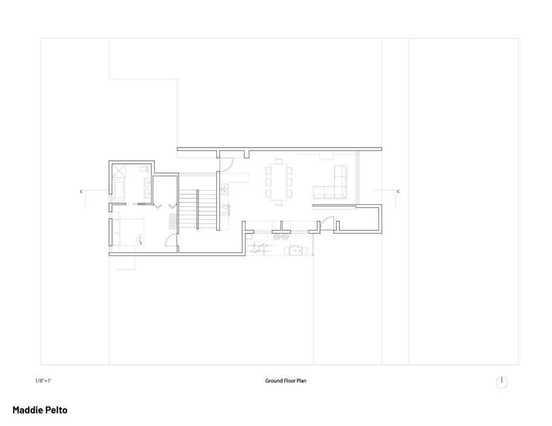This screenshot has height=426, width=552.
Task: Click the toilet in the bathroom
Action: click(143, 170)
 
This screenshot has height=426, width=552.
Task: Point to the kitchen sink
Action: click(224, 189)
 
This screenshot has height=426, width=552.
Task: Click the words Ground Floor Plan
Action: click(286, 381)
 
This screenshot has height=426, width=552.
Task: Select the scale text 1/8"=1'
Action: click(43, 381)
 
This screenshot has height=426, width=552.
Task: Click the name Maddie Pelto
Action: click(40, 410)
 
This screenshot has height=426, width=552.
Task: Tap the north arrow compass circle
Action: click(502, 382)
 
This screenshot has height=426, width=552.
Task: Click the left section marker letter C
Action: click(81, 191)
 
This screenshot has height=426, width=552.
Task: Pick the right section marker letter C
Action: click(398, 191)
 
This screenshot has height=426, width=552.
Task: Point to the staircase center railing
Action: click(197, 209)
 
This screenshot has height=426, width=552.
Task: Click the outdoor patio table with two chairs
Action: click(295, 250)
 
